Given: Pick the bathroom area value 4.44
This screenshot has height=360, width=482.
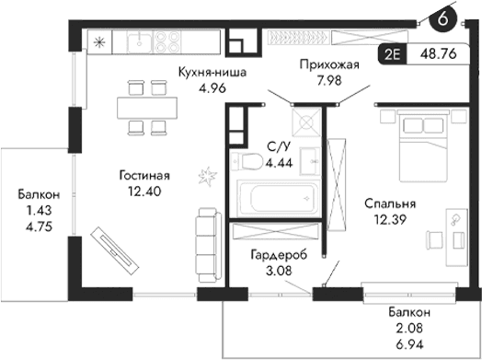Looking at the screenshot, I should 278,163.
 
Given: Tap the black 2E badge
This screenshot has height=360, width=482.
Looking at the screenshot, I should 393,53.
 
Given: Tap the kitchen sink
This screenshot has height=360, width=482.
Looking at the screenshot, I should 138,41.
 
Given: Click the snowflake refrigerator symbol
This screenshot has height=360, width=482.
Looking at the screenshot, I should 100,41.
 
